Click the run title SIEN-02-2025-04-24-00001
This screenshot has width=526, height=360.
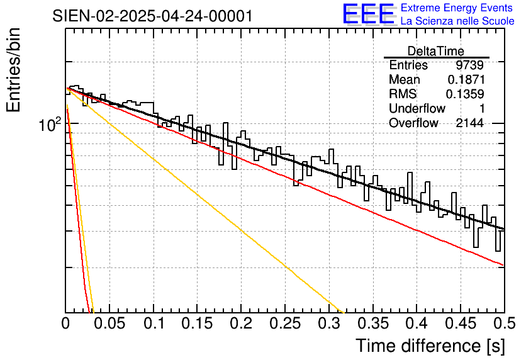pyautogui.click(x=152, y=16)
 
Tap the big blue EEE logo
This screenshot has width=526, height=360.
pyautogui.click(x=368, y=14)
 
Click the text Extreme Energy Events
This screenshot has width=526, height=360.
pyautogui.click(x=457, y=8)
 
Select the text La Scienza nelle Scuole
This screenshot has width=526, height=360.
pyautogui.click(x=457, y=21)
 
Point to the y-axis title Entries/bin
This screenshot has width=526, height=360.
pyautogui.click(x=13, y=70)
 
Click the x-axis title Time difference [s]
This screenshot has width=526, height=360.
pyautogui.click(x=430, y=346)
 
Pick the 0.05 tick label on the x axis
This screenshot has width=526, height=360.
pyautogui.click(x=109, y=323)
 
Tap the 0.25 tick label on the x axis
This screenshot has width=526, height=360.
pyautogui.click(x=285, y=323)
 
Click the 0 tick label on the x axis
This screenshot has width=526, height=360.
pyautogui.click(x=65, y=323)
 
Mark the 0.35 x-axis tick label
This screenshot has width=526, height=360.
pyautogui.click(x=373, y=323)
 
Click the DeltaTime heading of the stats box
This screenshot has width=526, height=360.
pyautogui.click(x=436, y=51)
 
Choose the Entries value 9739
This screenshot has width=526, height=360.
pyautogui.click(x=469, y=65)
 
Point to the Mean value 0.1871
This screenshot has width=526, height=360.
pyautogui.click(x=466, y=79)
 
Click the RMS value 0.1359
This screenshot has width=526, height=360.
pyautogui.click(x=465, y=94)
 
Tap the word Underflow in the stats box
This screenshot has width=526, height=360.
pyautogui.click(x=417, y=108)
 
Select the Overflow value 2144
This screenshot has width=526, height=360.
pyautogui.click(x=469, y=123)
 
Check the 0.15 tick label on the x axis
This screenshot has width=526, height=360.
pyautogui.click(x=198, y=323)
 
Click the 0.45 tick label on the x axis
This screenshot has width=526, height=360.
pyautogui.click(x=461, y=323)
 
